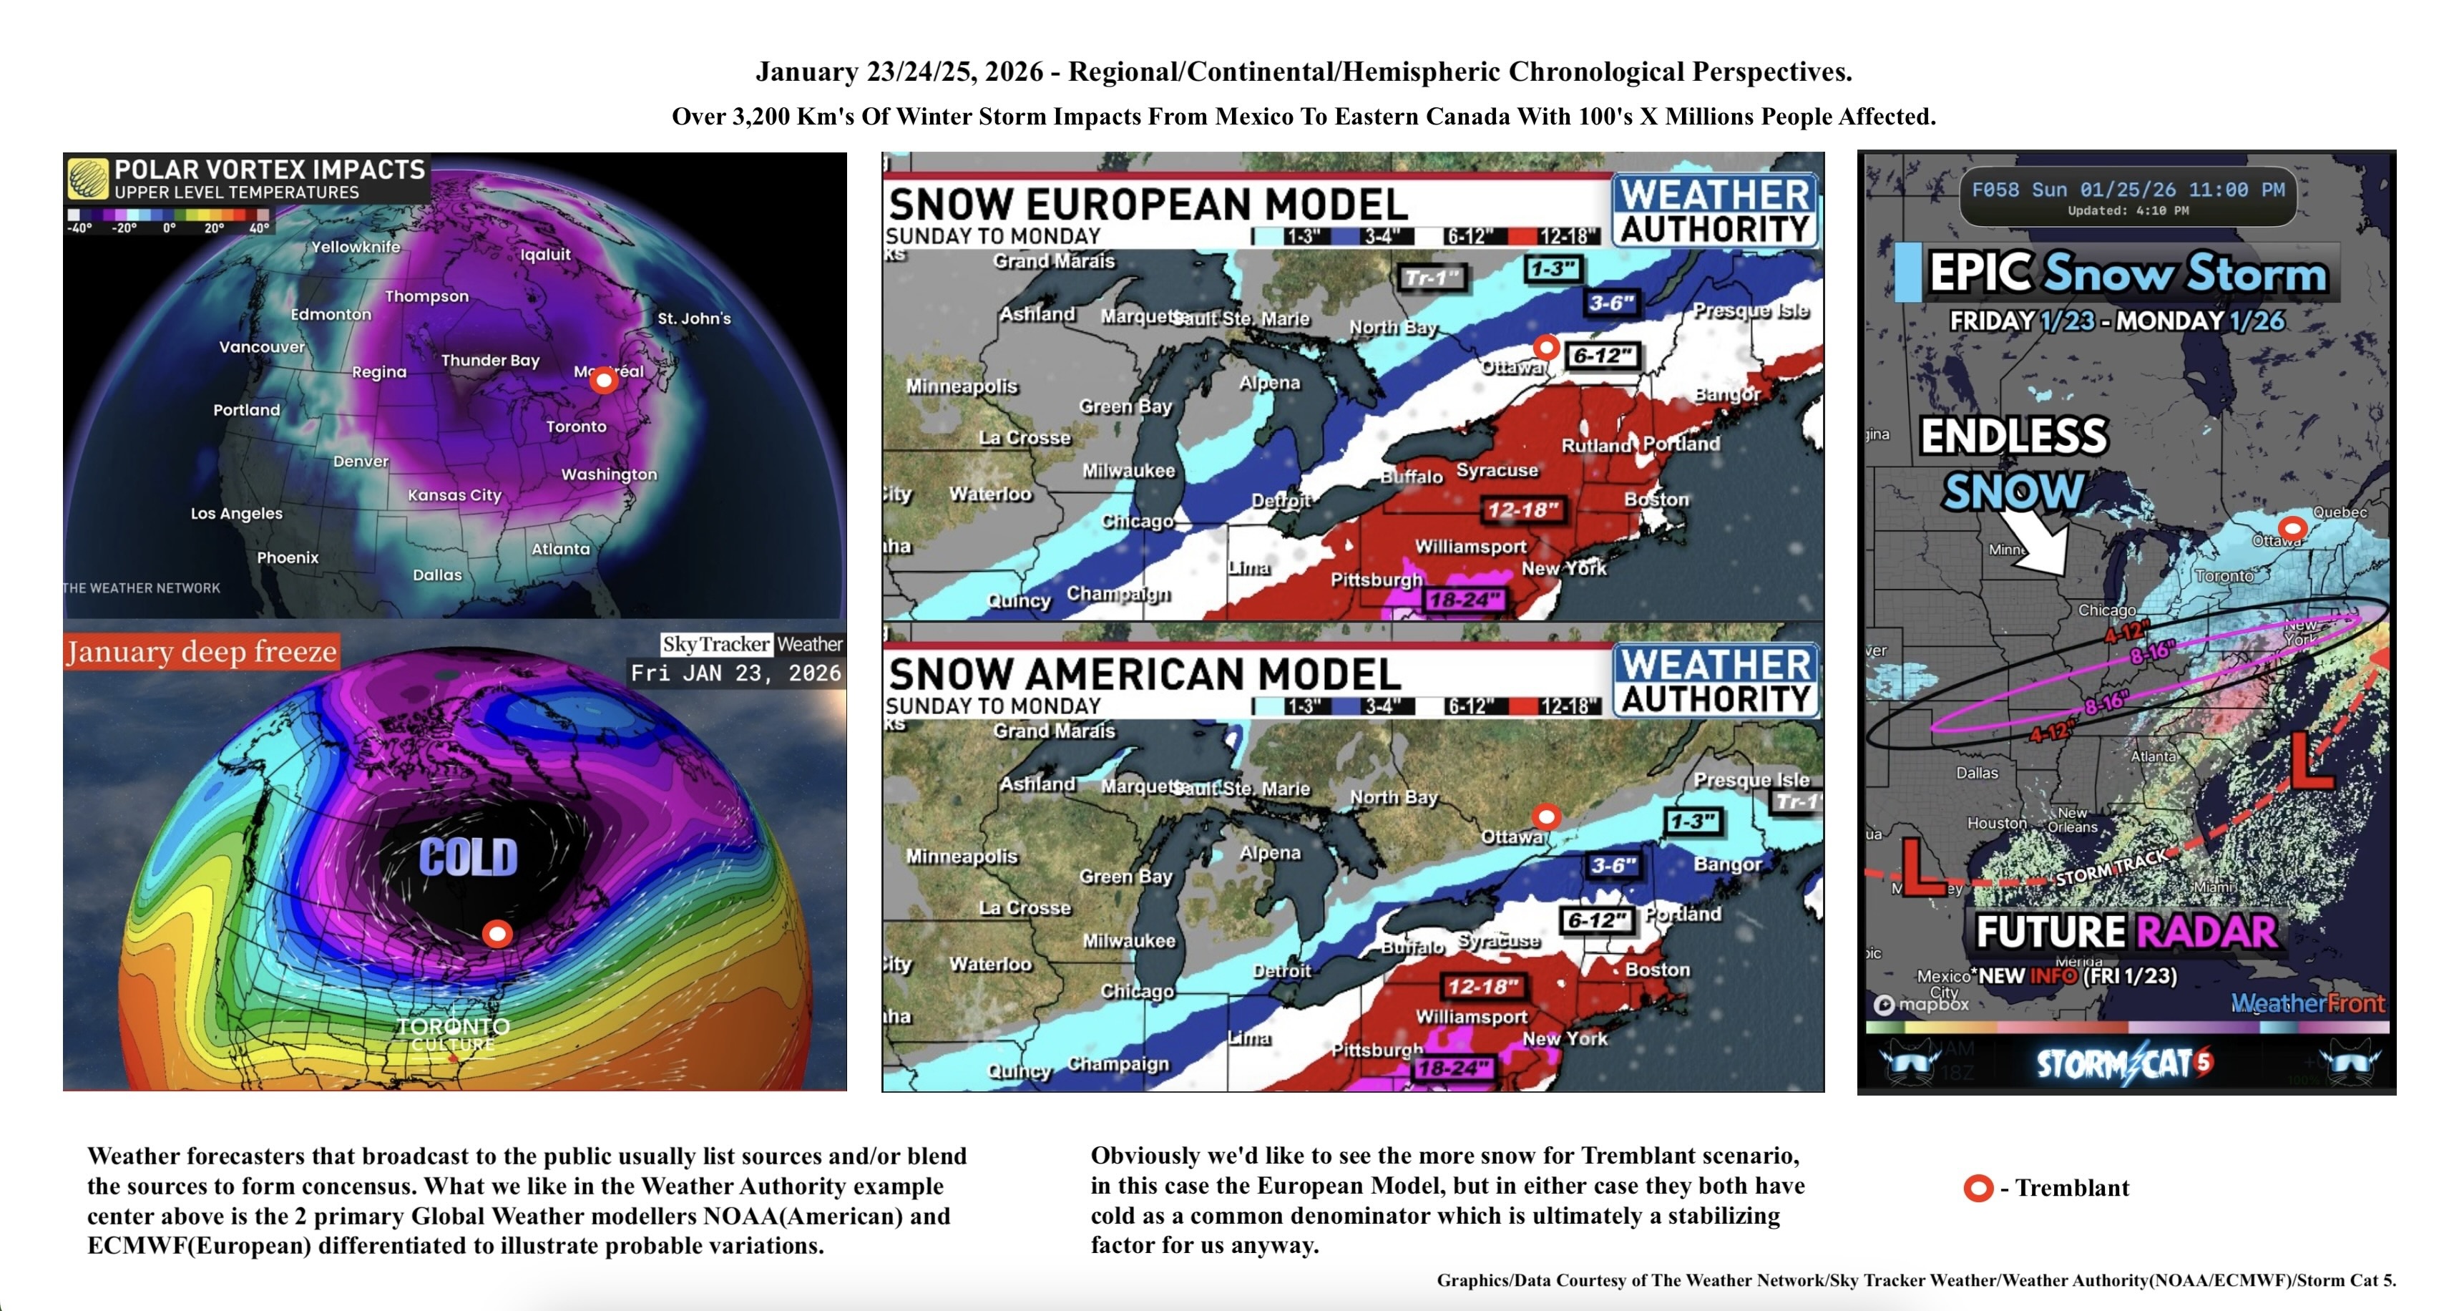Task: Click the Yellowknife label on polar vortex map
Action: tap(356, 247)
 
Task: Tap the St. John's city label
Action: tap(695, 318)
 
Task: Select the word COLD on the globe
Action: tap(469, 857)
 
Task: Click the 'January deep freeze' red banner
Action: tap(202, 652)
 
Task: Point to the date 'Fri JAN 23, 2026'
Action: tap(736, 673)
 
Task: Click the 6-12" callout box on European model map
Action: tap(1601, 356)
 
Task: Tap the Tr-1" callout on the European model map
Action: tap(1432, 277)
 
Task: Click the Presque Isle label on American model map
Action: tap(1751, 780)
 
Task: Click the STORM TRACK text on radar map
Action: tap(2112, 867)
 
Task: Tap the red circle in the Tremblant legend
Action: tap(1978, 1188)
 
